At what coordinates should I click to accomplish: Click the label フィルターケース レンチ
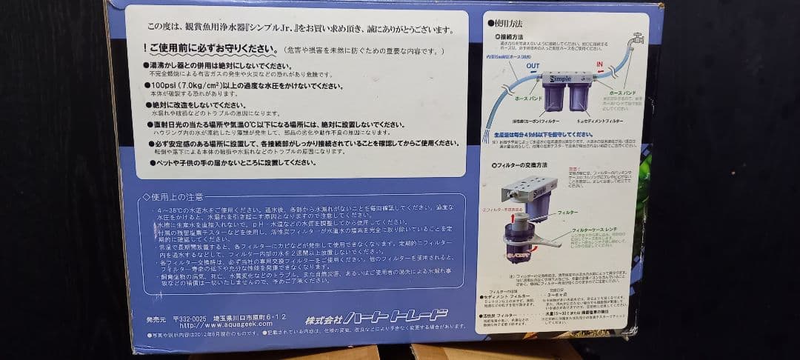pyautogui.click(x=594, y=232)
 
